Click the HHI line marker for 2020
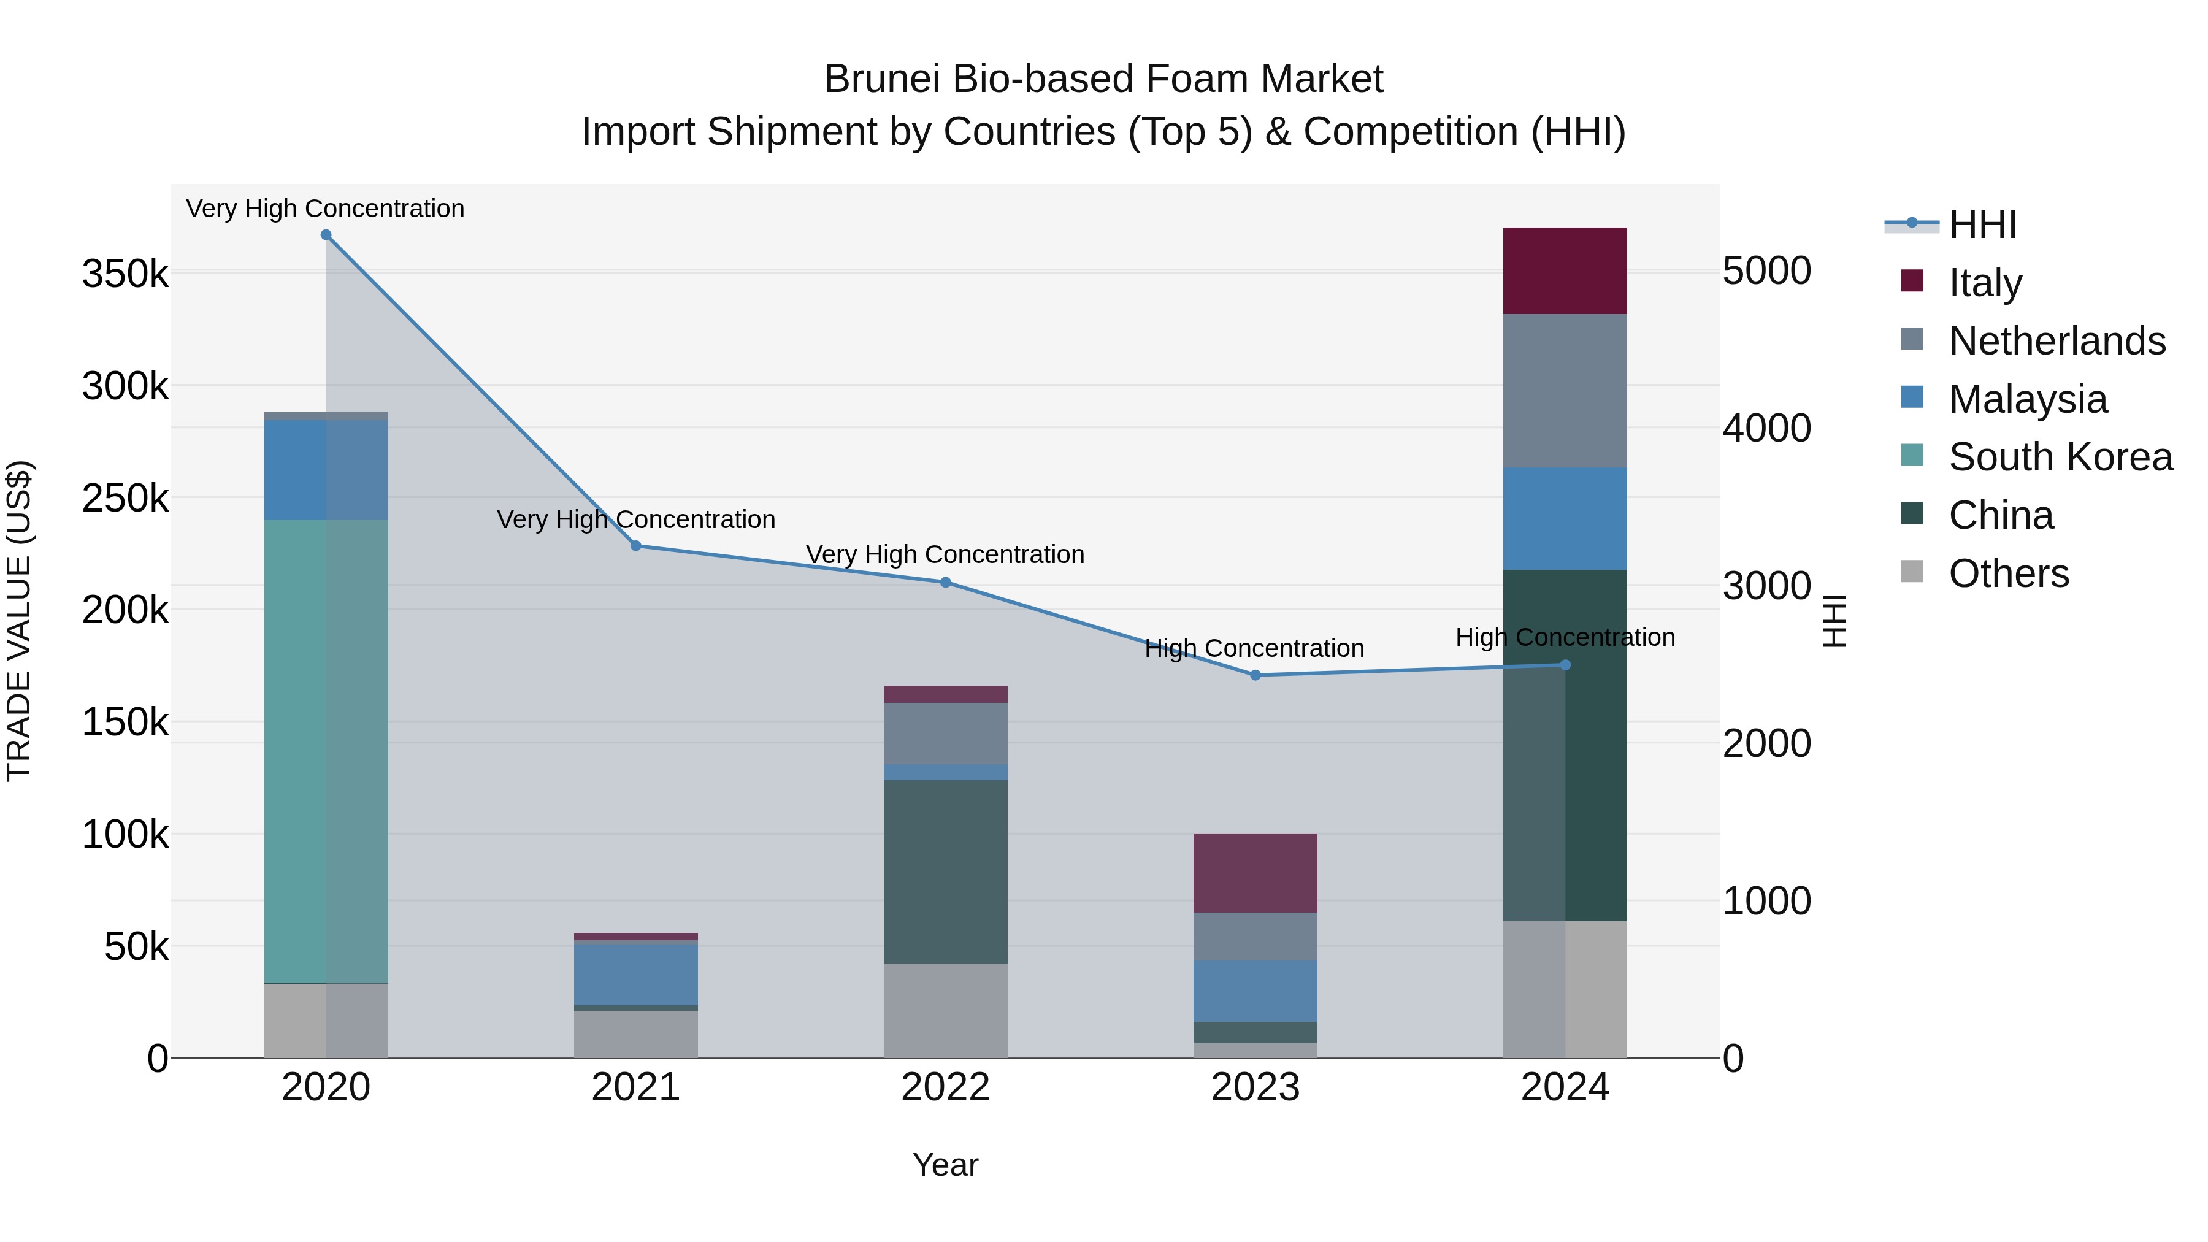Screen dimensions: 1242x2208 [326, 235]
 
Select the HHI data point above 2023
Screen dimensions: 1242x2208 [1255, 675]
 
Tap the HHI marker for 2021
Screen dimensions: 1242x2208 [636, 546]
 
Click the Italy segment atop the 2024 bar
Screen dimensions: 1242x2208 [1565, 271]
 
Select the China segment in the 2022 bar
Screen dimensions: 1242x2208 [945, 871]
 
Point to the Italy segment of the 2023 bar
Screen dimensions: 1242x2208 [1255, 873]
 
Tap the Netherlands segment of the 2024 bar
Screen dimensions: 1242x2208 [1565, 391]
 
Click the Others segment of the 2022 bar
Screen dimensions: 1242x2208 [945, 1011]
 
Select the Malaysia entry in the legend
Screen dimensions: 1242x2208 [2027, 399]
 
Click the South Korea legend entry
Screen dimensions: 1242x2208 [2060, 457]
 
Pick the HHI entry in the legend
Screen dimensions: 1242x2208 [1982, 224]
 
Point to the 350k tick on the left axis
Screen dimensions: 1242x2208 [125, 274]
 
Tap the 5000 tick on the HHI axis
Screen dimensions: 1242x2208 [1766, 271]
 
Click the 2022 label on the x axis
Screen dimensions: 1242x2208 [945, 1087]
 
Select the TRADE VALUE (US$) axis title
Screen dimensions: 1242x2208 [19, 621]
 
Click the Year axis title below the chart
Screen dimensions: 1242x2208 [945, 1165]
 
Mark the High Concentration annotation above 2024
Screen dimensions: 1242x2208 [1565, 638]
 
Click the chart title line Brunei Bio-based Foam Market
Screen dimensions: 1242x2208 [1103, 79]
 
